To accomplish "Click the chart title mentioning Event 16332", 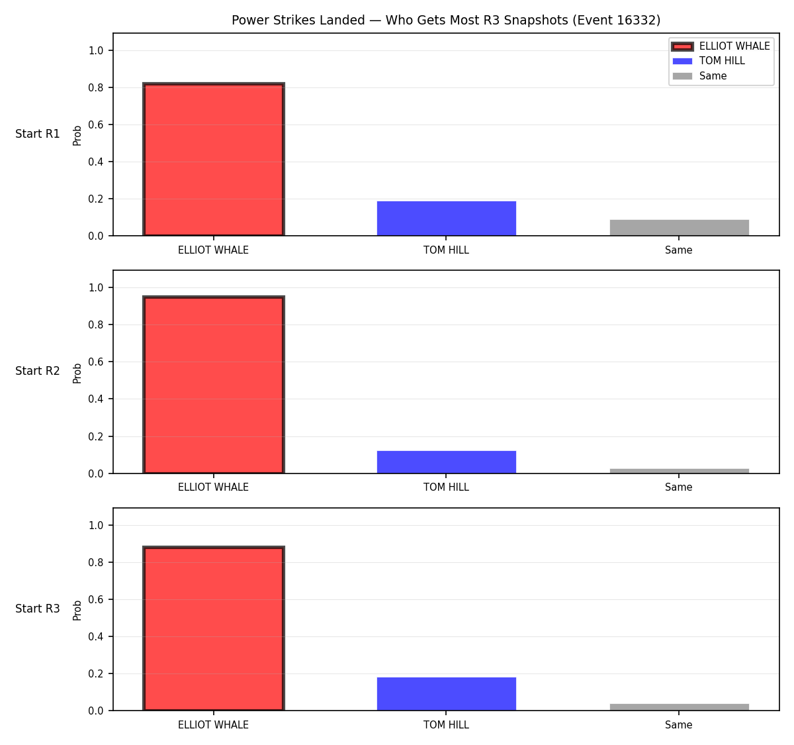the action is point(446,20).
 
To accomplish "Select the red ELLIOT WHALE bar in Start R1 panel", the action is point(214,160).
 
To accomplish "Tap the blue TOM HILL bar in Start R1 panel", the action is point(446,218).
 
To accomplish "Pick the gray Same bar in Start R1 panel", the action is point(679,227).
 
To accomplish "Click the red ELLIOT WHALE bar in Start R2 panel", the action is point(214,384).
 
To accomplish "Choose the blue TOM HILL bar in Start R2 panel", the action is point(446,462).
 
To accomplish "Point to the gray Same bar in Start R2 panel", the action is point(679,471).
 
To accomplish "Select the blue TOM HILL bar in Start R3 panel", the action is point(446,694).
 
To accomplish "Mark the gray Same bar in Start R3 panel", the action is point(679,707).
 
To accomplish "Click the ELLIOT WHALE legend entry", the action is point(721,46).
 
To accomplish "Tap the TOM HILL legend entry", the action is point(709,61).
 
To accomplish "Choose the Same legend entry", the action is point(699,76).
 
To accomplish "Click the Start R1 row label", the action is point(38,134).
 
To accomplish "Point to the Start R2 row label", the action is point(38,371).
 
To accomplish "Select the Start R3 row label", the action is point(38,608).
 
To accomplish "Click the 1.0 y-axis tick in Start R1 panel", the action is point(95,50).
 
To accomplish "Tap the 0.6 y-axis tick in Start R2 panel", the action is point(95,362).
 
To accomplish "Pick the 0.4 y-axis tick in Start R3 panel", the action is point(95,636).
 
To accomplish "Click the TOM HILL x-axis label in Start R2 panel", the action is point(446,487).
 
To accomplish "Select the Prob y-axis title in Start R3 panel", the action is point(77,610).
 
